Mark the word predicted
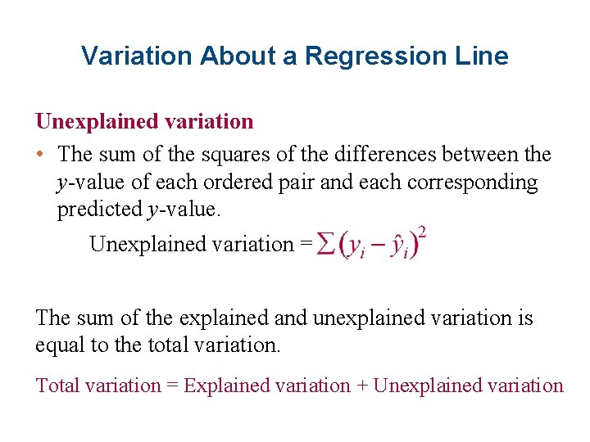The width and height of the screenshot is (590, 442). coord(99,210)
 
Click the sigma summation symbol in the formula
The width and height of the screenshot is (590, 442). coord(325,245)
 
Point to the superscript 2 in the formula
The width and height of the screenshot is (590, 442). coord(422,232)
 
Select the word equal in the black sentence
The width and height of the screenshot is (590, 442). coord(60,345)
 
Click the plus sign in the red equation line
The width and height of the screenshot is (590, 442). coord(361,386)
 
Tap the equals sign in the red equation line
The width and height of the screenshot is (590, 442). coord(172,386)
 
